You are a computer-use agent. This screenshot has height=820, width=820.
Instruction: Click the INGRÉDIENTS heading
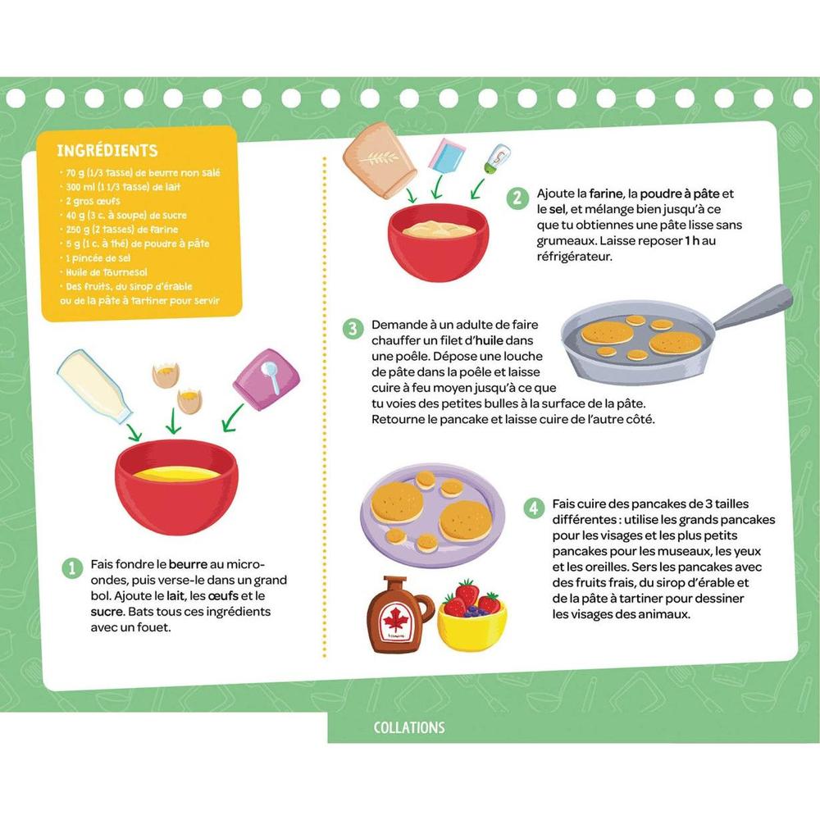pyautogui.click(x=107, y=151)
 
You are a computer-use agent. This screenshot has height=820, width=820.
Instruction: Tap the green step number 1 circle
pyautogui.click(x=72, y=568)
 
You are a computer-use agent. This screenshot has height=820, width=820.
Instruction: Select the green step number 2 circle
pyautogui.click(x=517, y=198)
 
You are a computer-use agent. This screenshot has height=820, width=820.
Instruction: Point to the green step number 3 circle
pyautogui.click(x=353, y=329)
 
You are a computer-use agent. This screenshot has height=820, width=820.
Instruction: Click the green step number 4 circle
pyautogui.click(x=534, y=508)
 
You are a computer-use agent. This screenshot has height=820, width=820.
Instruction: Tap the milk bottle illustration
pyautogui.click(x=94, y=385)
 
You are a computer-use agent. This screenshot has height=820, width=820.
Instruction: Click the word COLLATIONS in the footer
pyautogui.click(x=409, y=727)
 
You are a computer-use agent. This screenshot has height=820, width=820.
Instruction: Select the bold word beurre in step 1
pyautogui.click(x=188, y=564)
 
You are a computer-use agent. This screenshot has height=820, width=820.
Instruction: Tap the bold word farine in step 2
pyautogui.click(x=606, y=194)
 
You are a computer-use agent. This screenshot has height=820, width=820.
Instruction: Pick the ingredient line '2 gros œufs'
pyautogui.click(x=93, y=202)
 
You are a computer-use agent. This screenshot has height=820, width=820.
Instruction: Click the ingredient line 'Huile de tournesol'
pyautogui.click(x=106, y=272)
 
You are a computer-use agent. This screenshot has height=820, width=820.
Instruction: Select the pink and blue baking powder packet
pyautogui.click(x=447, y=156)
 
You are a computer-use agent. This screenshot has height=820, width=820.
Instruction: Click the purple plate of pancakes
pyautogui.click(x=433, y=515)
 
